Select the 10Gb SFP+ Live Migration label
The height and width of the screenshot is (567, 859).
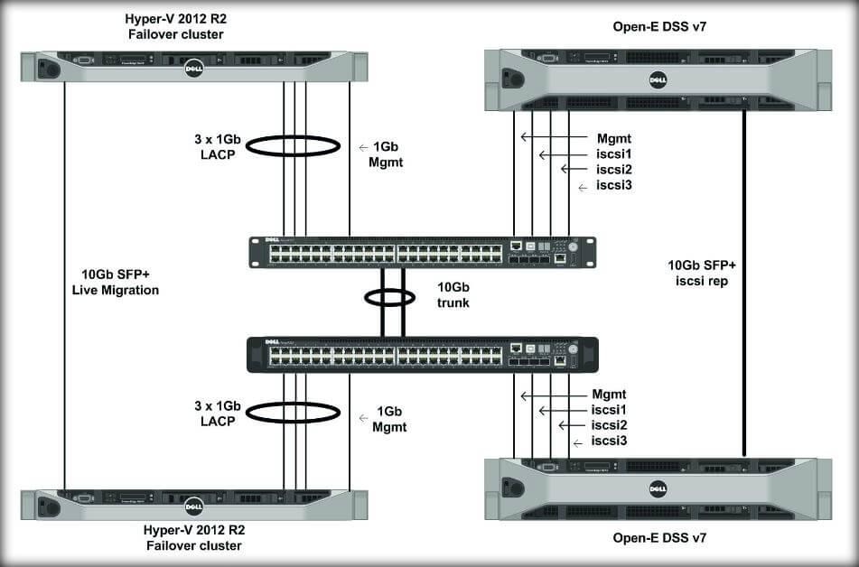[x=119, y=282]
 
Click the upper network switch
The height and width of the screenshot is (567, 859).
[x=422, y=252]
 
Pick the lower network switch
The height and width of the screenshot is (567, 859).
[x=422, y=354]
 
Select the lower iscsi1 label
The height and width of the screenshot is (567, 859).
[x=610, y=410]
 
